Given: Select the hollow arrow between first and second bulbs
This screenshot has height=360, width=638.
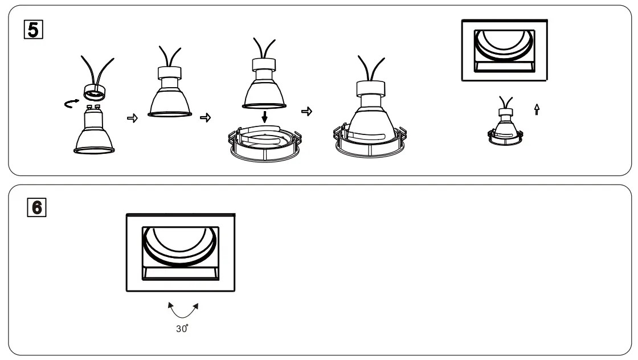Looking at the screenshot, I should click(x=132, y=117).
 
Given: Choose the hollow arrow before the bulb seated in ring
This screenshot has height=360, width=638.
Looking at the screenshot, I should click(x=306, y=112).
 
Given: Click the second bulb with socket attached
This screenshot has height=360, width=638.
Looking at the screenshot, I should click(x=170, y=94).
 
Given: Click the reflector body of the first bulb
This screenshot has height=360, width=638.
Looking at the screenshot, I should click(x=95, y=135).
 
